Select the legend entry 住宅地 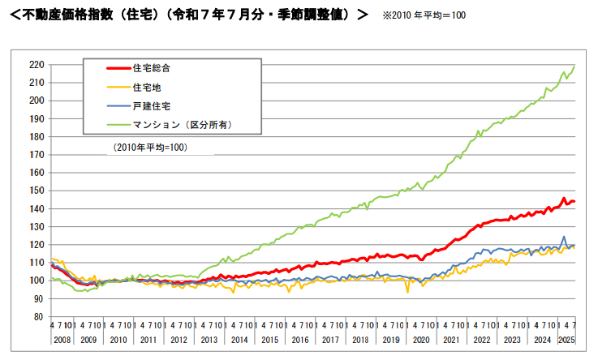coord(146,86)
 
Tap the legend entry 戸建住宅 coord(151,105)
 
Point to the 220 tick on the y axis coord(35,64)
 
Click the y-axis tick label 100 coord(35,281)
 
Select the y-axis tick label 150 coord(35,191)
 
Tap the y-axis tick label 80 coord(38,317)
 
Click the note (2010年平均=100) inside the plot coord(151,148)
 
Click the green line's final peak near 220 coord(574,66)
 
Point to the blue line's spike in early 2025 coord(564,237)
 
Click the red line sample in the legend coord(108,67)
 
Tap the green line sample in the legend coord(108,125)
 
